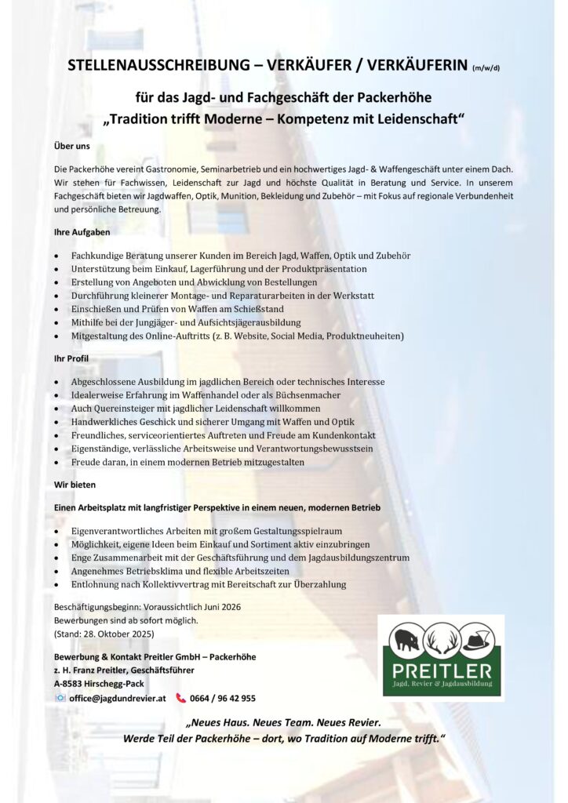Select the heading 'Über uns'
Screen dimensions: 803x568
[72, 146]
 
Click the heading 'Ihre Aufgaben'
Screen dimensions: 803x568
[82, 232]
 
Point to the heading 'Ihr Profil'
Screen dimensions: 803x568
[71, 358]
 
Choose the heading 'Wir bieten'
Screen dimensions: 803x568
[75, 485]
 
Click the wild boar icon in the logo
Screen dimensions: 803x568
[406, 640]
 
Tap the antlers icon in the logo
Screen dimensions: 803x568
[441, 640]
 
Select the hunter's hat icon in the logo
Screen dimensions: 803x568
[476, 640]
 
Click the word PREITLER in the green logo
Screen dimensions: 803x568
[442, 670]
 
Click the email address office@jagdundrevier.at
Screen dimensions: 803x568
[118, 698]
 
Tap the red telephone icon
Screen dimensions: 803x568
[181, 698]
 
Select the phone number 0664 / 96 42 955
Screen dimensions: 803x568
[223, 698]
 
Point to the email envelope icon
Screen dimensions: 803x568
[60, 698]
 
